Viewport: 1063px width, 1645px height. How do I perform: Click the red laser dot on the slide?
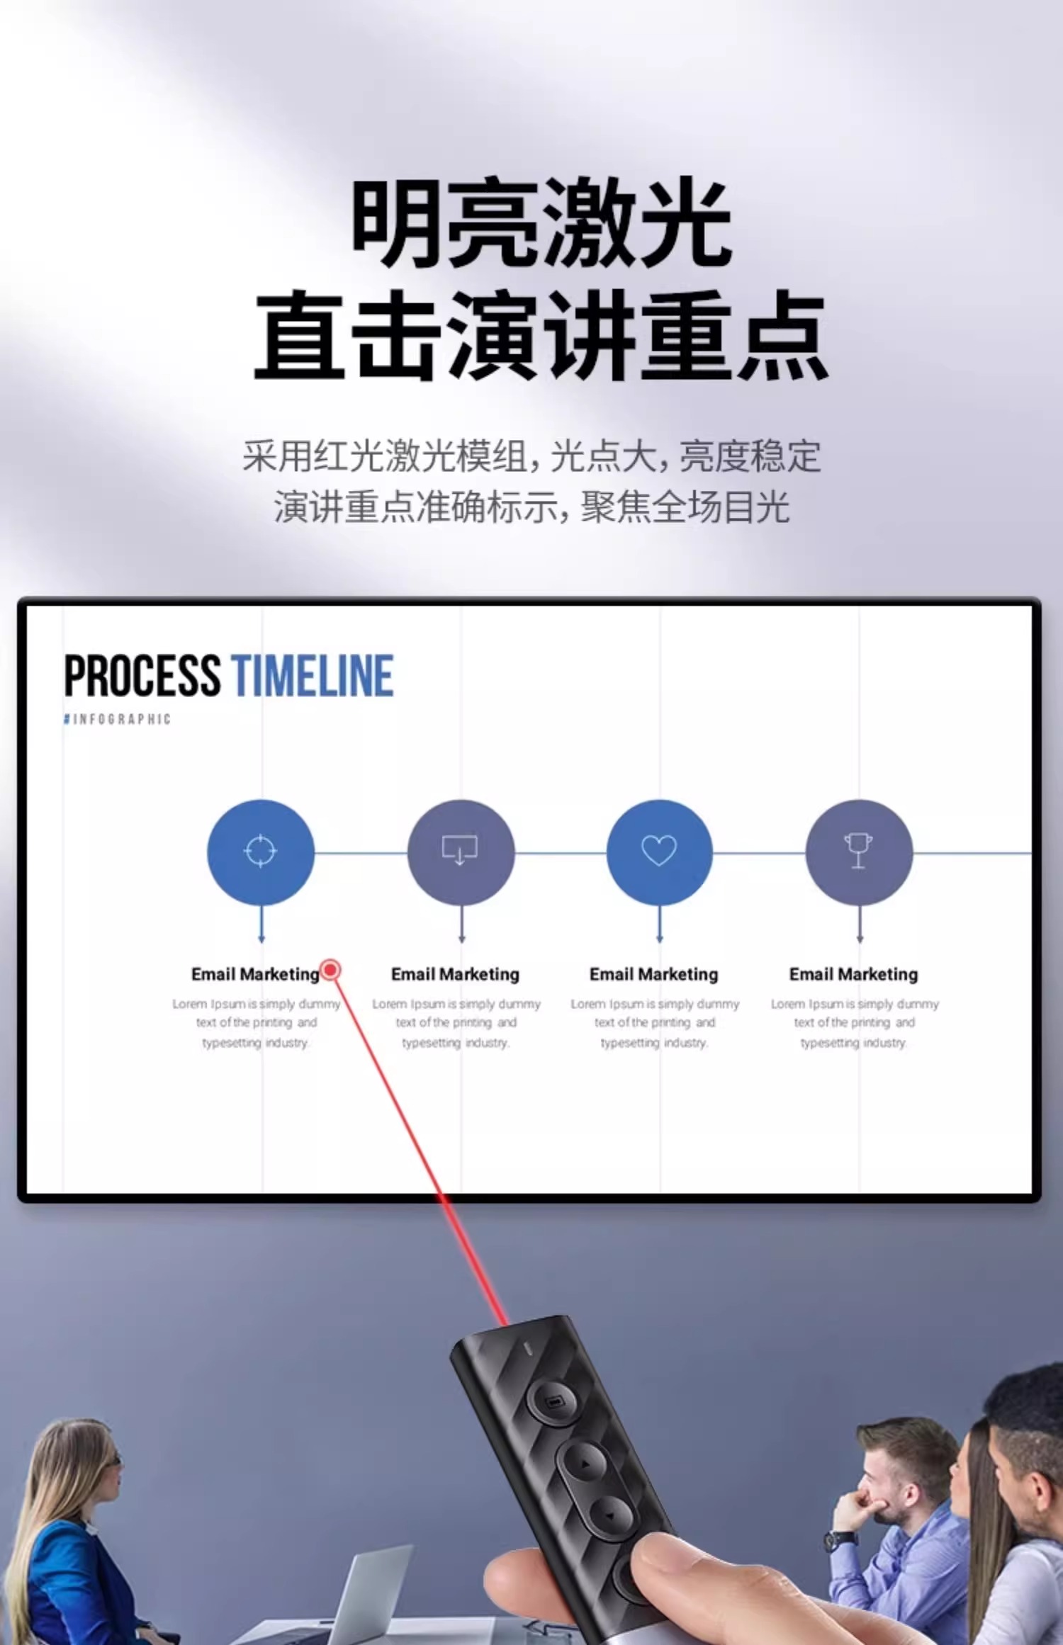coord(330,969)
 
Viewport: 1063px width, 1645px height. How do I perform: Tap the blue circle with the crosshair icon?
coord(261,852)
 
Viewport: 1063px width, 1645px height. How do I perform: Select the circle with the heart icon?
coord(659,852)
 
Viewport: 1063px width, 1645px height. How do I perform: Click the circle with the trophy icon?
coord(859,852)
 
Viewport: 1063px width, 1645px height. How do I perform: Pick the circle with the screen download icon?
coord(461,852)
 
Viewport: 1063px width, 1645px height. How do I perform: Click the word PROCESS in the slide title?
coord(142,676)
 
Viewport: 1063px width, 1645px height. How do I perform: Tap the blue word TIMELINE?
coord(312,676)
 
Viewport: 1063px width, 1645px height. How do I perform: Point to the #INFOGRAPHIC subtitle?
coord(118,719)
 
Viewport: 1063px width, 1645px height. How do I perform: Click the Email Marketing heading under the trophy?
coord(853,974)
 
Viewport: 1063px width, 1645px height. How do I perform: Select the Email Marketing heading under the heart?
coord(653,974)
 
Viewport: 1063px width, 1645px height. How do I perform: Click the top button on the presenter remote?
coord(554,1401)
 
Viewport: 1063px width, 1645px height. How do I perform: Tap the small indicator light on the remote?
coord(527,1348)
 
